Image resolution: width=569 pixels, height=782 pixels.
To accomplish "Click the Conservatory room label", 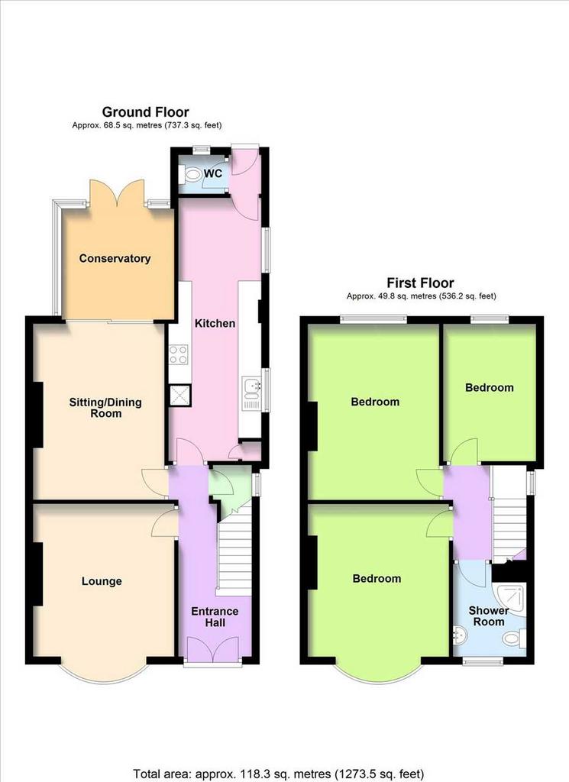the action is click(x=115, y=258).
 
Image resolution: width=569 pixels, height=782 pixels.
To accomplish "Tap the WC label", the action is click(x=213, y=173).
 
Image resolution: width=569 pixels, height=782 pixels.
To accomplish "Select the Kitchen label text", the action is click(x=215, y=323).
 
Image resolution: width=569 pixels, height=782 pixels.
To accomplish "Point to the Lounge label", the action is click(x=102, y=581).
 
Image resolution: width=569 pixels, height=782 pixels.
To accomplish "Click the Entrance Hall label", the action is click(x=215, y=617).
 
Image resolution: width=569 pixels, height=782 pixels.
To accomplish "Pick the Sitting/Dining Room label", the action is click(x=105, y=408).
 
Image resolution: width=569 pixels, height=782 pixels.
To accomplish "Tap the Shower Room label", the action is click(x=489, y=616).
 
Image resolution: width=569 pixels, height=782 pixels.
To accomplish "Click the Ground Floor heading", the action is click(x=146, y=111).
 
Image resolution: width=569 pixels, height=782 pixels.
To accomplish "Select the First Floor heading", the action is click(x=420, y=283).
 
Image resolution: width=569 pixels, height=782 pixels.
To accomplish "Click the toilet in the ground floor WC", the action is click(x=190, y=175).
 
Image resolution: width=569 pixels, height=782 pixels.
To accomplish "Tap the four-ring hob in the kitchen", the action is click(x=179, y=355).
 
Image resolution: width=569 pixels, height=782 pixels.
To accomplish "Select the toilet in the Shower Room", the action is click(x=514, y=638).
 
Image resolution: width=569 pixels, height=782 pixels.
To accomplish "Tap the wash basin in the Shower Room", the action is click(x=459, y=635).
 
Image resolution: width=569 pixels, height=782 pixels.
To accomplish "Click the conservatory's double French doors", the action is click(x=118, y=192).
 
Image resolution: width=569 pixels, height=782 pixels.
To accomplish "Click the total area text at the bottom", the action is click(x=279, y=774).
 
